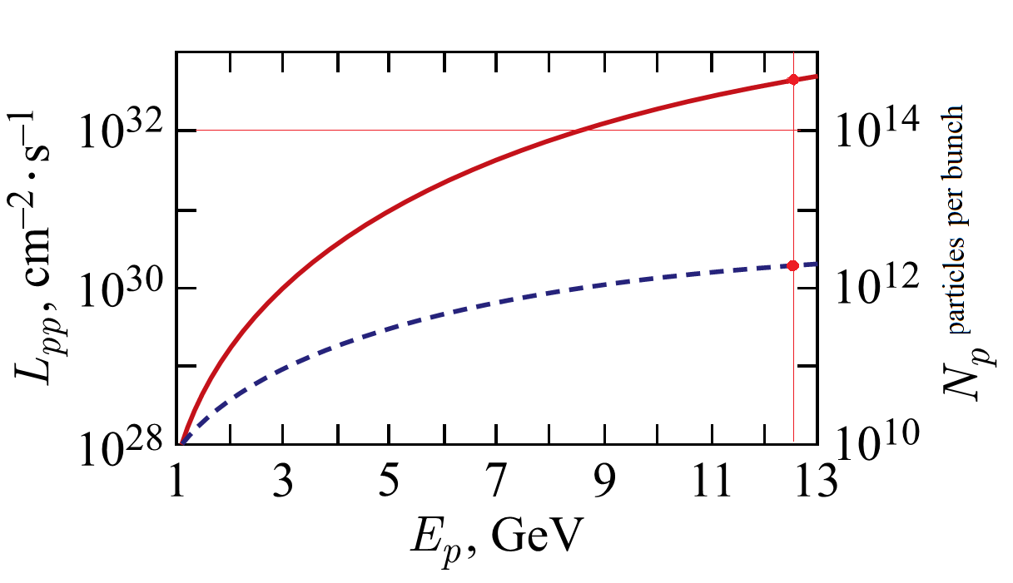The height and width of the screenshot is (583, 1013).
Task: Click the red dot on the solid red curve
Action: point(793,79)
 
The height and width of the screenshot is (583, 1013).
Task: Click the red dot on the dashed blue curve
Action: point(792,265)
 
